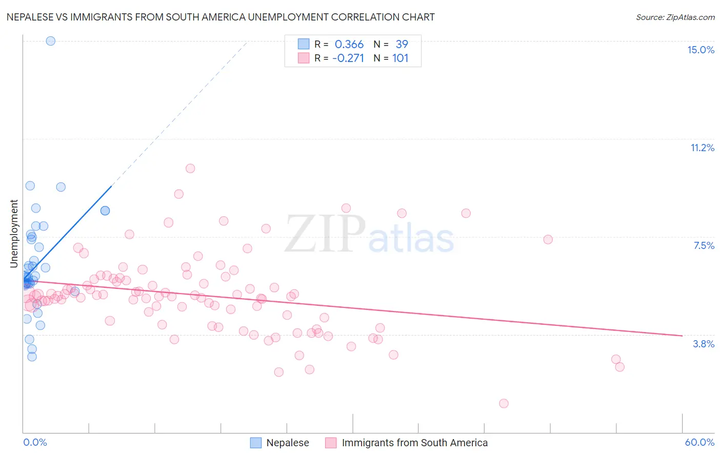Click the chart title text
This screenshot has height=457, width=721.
pyautogui.click(x=221, y=17)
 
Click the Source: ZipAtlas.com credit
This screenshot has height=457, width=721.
pyautogui.click(x=675, y=17)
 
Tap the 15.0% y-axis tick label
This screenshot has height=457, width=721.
pyautogui.click(x=700, y=50)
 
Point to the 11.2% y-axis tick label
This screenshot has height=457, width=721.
pyautogui.click(x=702, y=148)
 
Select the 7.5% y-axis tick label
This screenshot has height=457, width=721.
pyautogui.click(x=704, y=245)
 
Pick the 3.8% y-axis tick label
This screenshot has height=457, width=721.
pyautogui.click(x=704, y=344)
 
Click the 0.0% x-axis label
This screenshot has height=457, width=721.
pyautogui.click(x=35, y=442)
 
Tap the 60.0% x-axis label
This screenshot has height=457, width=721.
pyautogui.click(x=699, y=442)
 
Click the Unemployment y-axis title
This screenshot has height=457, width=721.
pyautogui.click(x=14, y=234)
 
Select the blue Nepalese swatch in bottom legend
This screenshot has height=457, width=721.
pyautogui.click(x=255, y=443)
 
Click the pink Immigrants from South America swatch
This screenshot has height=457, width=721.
pyautogui.click(x=331, y=443)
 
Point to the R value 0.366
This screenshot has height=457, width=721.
pyautogui.click(x=349, y=45)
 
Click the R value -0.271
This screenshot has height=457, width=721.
pyautogui.click(x=348, y=58)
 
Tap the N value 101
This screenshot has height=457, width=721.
pyautogui.click(x=400, y=58)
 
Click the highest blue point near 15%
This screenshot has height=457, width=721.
pyautogui.click(x=50, y=41)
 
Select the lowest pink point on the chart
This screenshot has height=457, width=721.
pyautogui.click(x=504, y=403)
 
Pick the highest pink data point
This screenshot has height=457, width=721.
pyautogui.click(x=190, y=168)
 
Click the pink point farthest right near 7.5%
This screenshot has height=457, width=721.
pyautogui.click(x=548, y=239)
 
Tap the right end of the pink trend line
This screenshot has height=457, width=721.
pyautogui.click(x=682, y=336)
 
